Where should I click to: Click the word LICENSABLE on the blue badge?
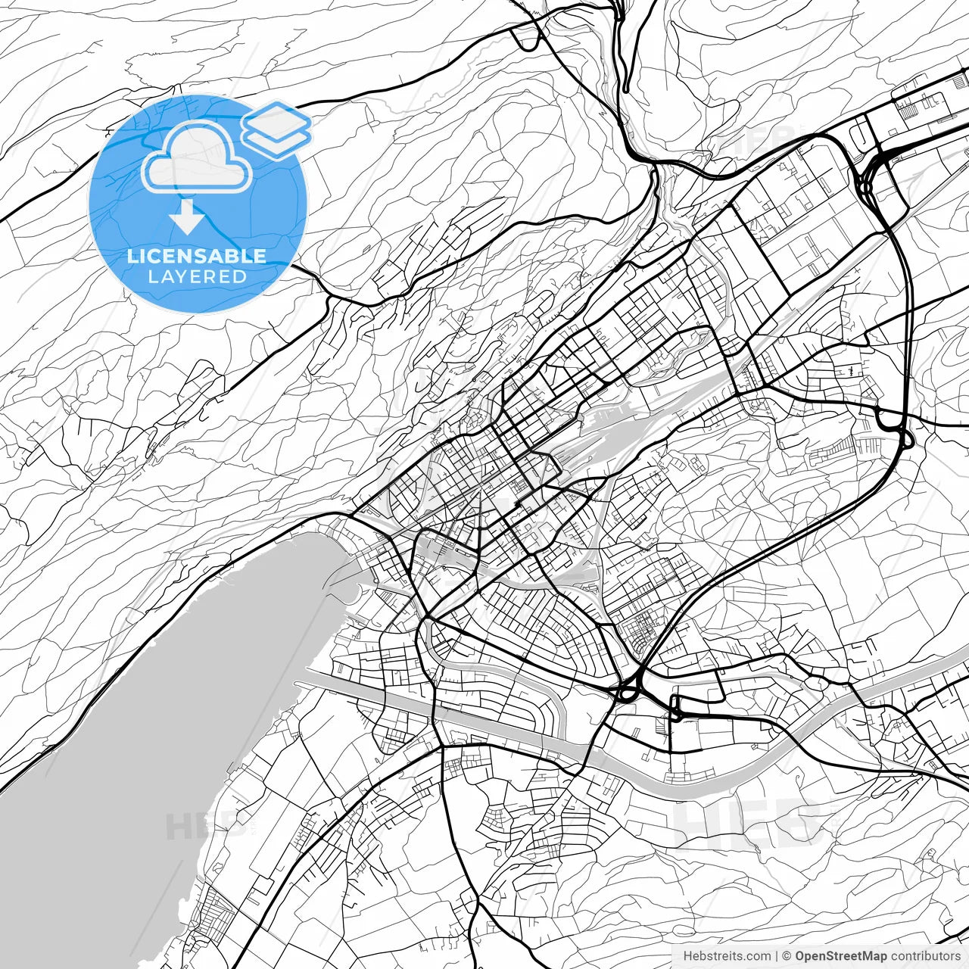(197, 256)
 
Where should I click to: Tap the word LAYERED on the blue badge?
(197, 276)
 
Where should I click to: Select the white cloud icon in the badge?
(197, 157)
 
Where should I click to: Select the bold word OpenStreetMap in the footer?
(840, 956)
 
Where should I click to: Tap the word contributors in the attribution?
(924, 956)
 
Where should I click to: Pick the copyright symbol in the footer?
(787, 956)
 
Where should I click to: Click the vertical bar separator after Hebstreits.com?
(777, 956)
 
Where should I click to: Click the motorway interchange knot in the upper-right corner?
(871, 174)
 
